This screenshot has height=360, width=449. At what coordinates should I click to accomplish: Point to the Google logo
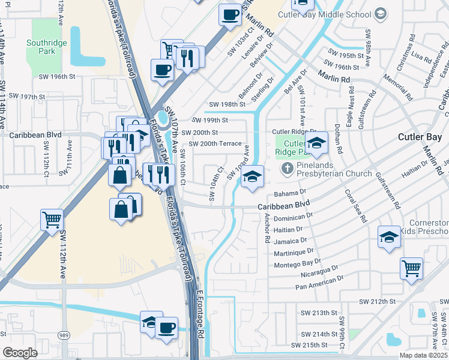pos(19,353)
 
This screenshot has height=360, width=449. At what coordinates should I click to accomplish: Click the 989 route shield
pos(62,334)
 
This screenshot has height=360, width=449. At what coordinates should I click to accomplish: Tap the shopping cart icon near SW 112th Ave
pos(52,219)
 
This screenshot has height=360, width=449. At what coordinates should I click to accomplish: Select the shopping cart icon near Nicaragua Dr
pos(411,268)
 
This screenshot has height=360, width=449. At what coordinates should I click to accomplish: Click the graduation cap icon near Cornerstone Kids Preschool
pos(388,237)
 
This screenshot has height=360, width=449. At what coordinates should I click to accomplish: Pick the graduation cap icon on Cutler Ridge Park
pos(316,143)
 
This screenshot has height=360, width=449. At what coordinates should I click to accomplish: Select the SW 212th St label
pos(378,301)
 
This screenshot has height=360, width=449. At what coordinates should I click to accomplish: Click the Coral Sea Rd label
pos(355,206)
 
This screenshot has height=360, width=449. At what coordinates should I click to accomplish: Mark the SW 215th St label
pos(310,345)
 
